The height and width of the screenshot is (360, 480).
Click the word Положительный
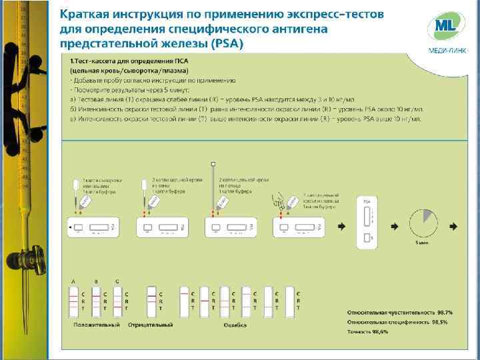tap(97, 325)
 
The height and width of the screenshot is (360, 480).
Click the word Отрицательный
tap(151, 325)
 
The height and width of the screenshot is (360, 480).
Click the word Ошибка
tap(235, 325)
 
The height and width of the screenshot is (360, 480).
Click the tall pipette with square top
tap(213, 183)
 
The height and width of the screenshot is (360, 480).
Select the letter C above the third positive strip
tap(118, 281)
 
